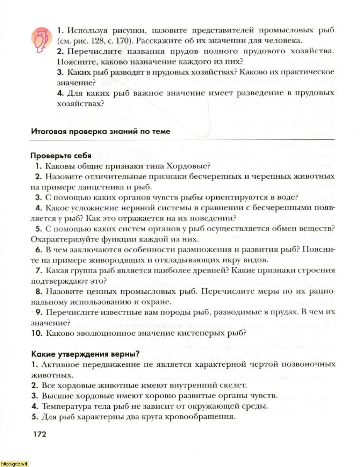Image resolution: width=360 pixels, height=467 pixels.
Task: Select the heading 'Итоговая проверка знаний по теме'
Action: [x=100, y=131]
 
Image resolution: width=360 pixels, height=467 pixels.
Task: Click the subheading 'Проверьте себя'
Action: [x=61, y=156]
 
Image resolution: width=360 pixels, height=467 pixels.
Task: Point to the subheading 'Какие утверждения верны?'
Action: [x=85, y=354]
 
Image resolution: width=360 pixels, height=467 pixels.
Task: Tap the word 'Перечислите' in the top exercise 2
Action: [x=89, y=51]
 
